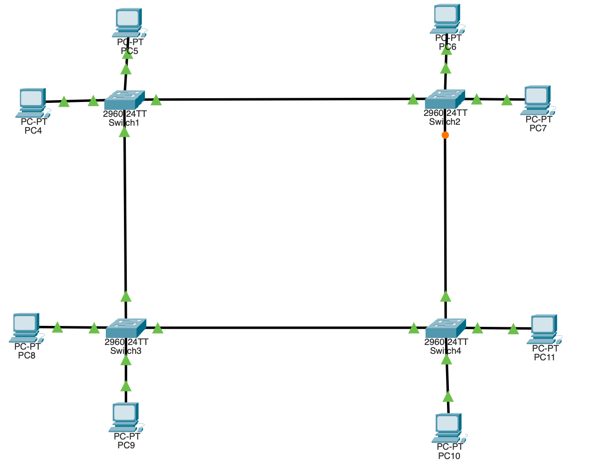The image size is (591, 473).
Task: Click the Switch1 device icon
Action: point(124,99)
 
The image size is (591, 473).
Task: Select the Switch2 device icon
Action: point(445,99)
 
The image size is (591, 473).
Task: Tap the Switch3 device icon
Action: point(126,328)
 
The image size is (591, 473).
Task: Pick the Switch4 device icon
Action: point(446,328)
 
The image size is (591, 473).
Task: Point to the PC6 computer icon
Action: point(447,19)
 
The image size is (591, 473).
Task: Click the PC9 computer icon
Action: point(125,417)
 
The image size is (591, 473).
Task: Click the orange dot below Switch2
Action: point(445,135)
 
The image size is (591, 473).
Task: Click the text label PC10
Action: point(449,456)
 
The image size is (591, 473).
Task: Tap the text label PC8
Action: point(27,355)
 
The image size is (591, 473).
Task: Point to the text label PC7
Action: point(538,128)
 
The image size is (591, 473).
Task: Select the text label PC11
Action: point(544,357)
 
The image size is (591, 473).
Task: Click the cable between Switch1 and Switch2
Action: point(284,99)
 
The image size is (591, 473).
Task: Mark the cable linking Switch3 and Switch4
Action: point(285,328)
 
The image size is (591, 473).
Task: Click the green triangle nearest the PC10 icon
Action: point(447,397)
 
